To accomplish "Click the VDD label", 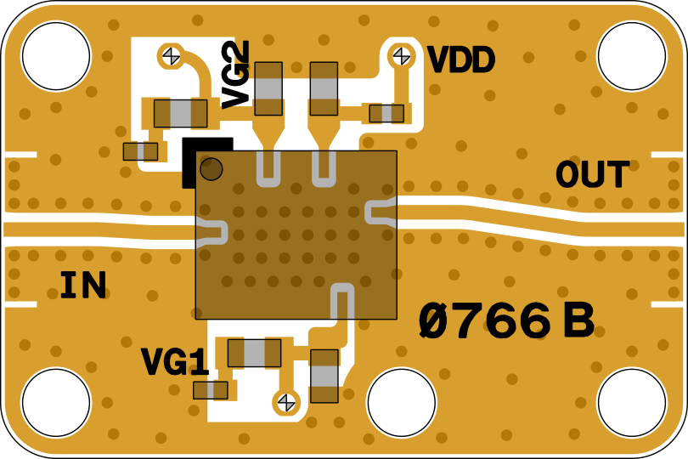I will pos(460,60).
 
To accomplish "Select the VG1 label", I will pos(175,363).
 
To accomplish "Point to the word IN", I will pos(82,286).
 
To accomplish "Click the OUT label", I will pos(592,175).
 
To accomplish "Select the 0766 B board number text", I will pos(505,321).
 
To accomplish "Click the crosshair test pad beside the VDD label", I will pos(400,56).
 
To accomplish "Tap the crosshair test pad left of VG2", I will pos(171,56).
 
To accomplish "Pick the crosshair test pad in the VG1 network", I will pos(286,401).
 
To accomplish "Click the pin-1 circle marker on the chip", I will pos(211,169).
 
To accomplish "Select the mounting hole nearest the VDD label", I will pos(631,56).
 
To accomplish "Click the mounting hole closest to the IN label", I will pos(56,402).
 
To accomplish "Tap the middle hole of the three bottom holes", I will pos(401,402).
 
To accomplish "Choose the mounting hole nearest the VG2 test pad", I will pos(56,56).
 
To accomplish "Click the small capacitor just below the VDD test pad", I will pos(386,113).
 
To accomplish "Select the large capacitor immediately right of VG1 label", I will pos(254,353).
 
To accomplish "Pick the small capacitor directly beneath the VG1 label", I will pos(210,390).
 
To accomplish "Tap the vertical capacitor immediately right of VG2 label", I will pos(268,88).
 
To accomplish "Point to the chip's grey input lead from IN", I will pos(211,231).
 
